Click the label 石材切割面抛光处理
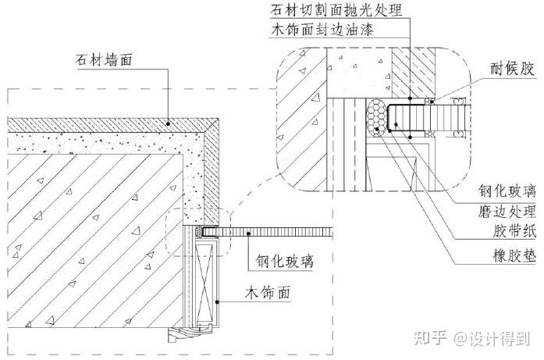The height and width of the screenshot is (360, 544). coord(336,11)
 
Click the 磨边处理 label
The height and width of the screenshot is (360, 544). coord(507,211)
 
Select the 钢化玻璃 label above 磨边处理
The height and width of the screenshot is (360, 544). coord(507,190)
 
